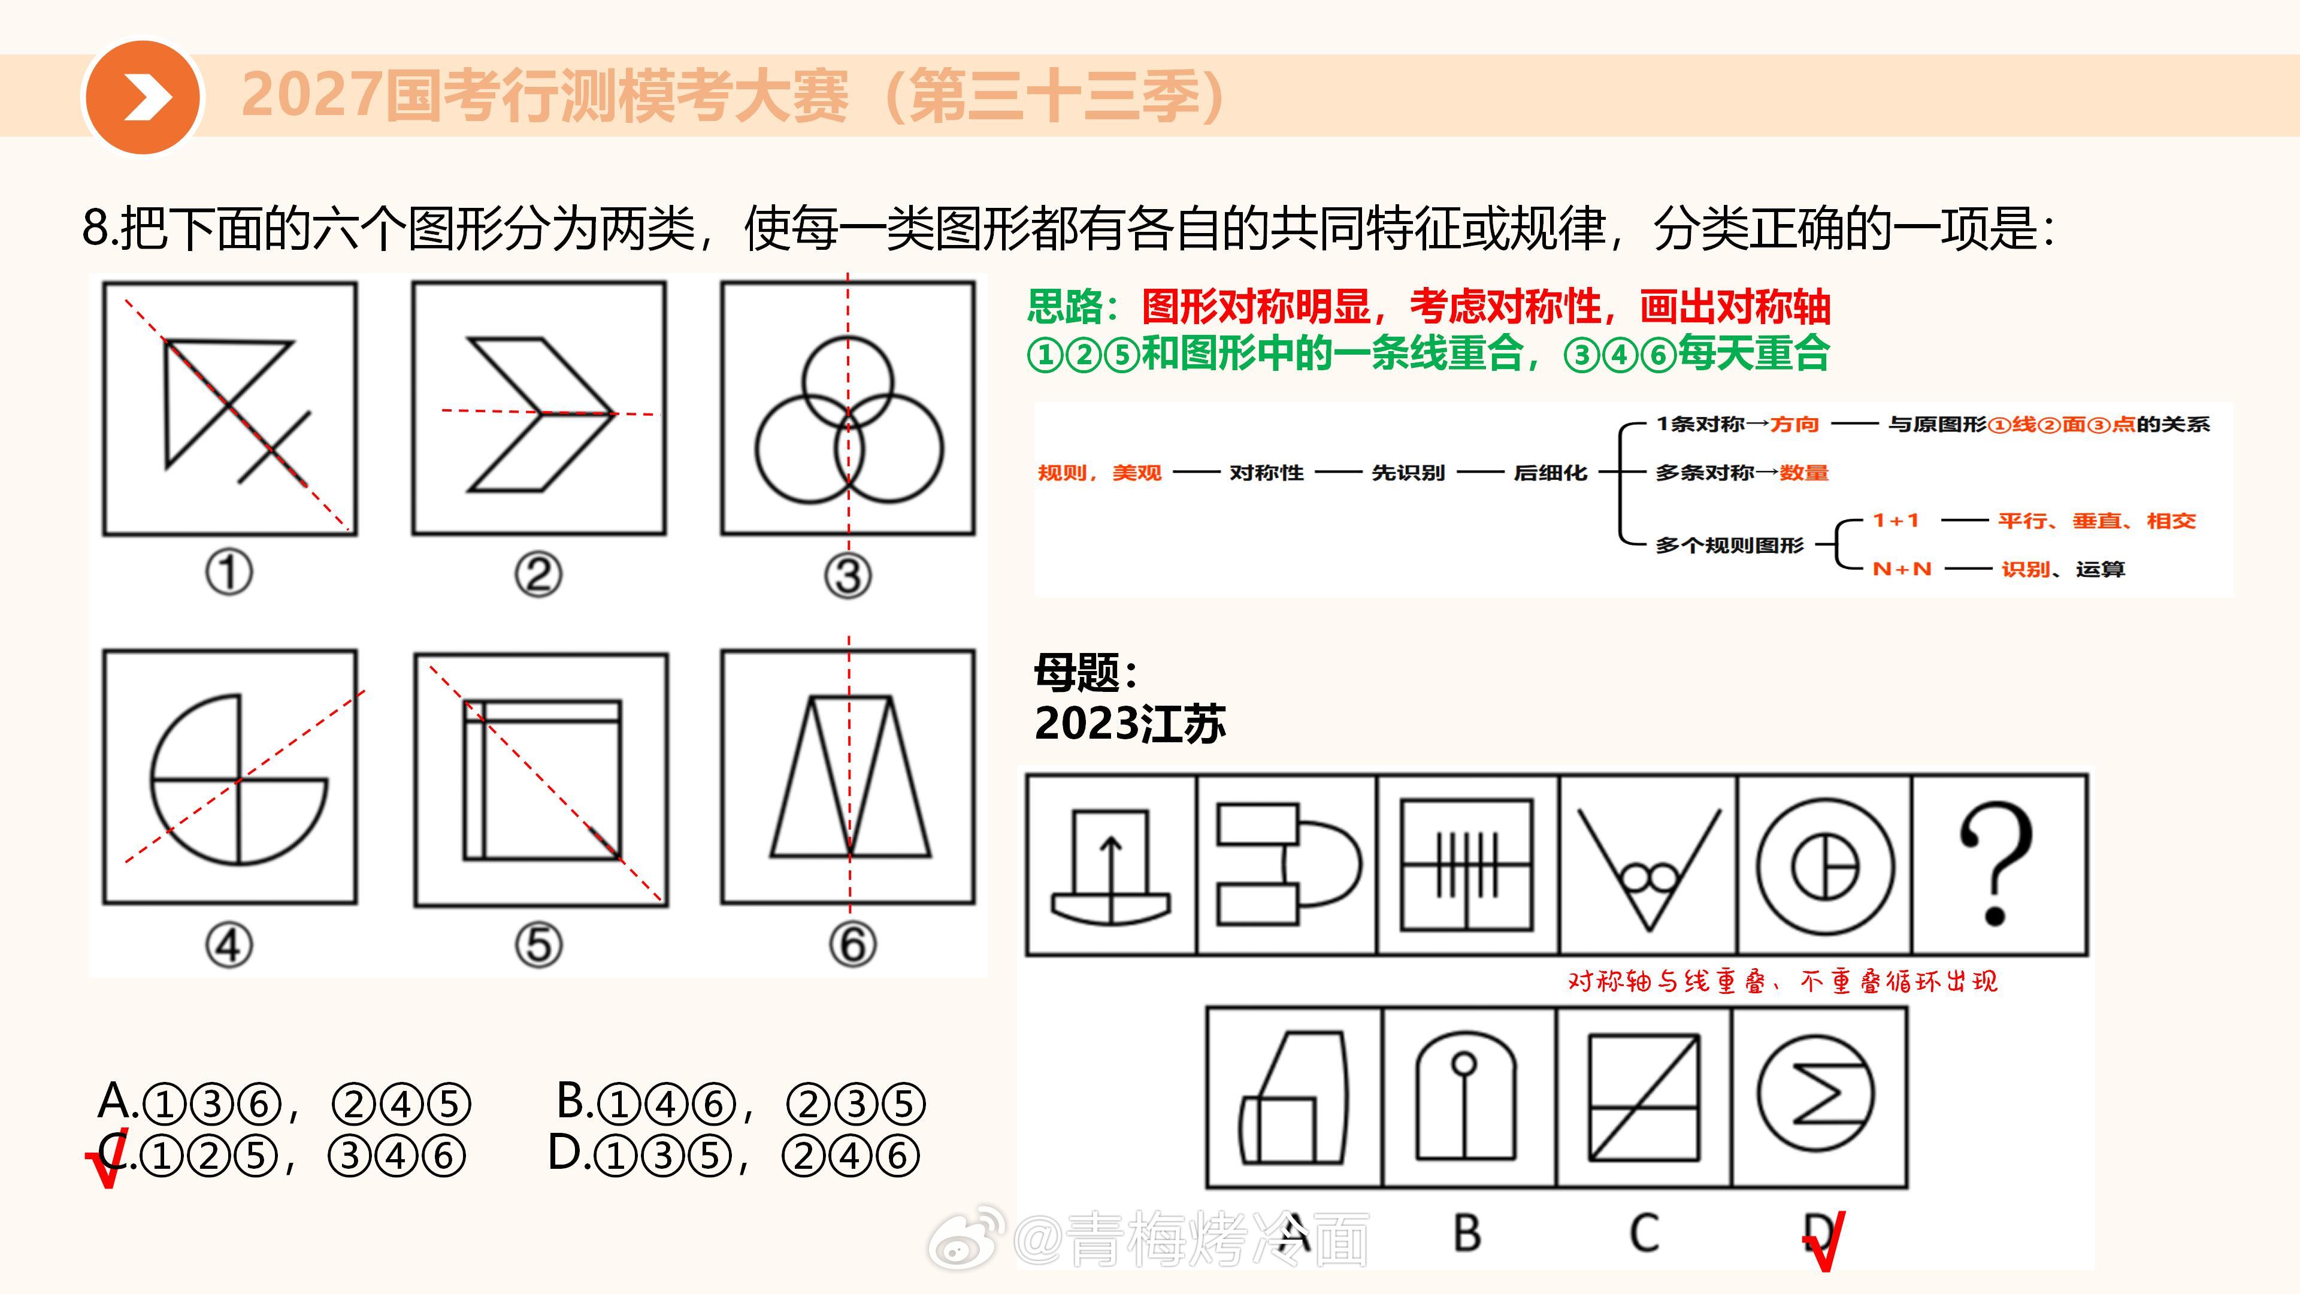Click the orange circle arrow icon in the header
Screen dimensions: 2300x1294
(143, 96)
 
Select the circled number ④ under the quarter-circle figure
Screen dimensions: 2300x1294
(229, 945)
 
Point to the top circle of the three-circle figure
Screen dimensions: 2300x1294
(848, 337)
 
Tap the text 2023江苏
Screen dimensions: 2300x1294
(1130, 723)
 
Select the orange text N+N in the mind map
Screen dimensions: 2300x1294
(1902, 569)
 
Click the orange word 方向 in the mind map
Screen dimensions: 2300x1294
(1794, 424)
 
